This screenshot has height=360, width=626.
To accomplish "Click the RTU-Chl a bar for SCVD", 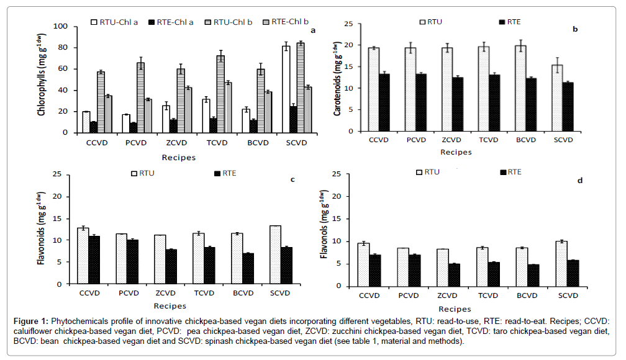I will point(286,89).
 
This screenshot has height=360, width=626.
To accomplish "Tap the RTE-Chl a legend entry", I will point(170,22).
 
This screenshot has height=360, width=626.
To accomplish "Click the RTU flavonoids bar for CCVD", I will point(83,256).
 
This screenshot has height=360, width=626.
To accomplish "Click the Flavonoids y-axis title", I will point(42,229).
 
